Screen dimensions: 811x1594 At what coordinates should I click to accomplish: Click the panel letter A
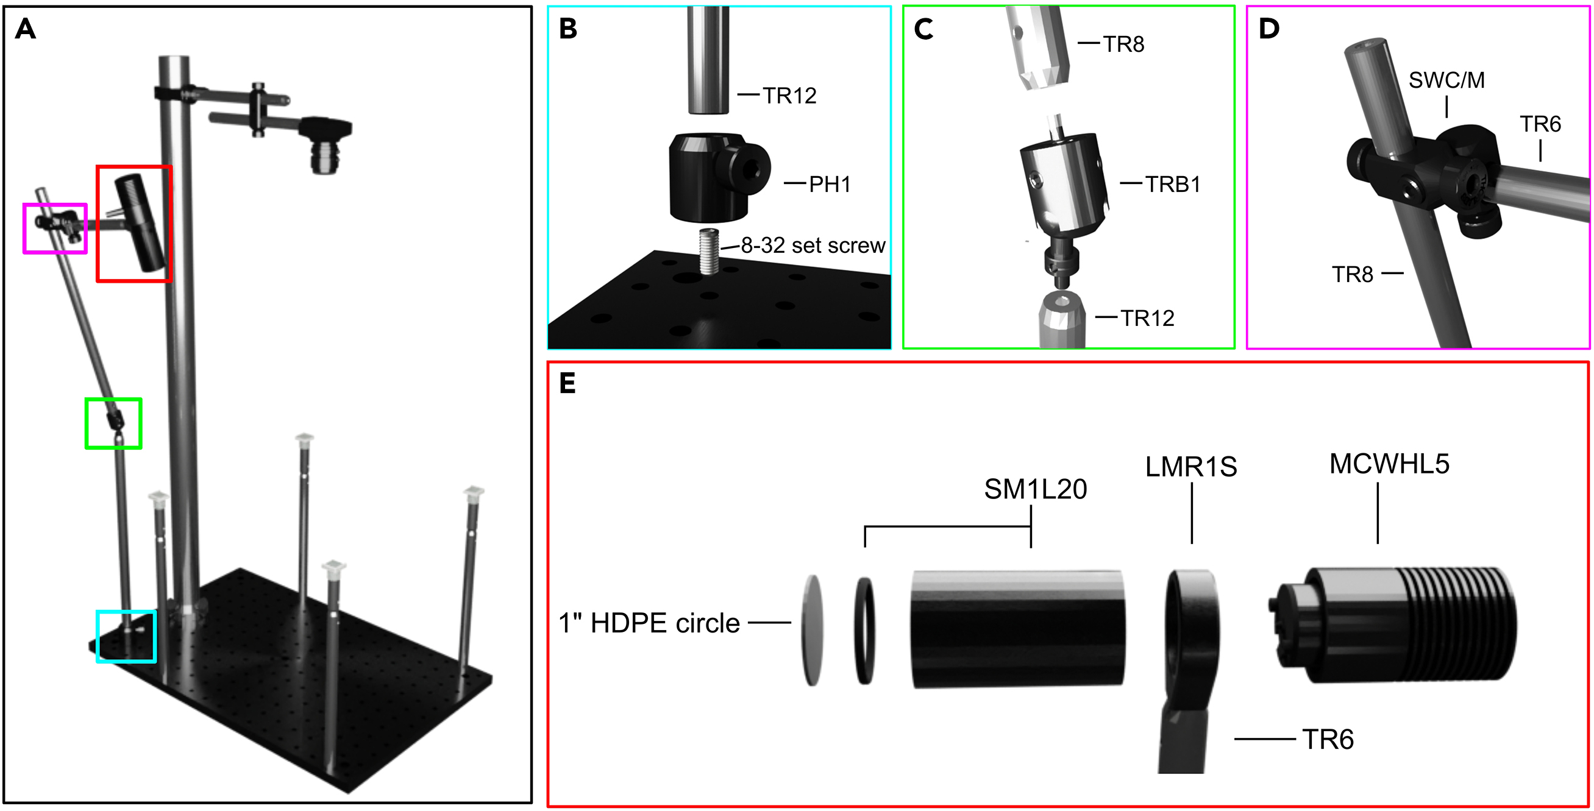click(26, 29)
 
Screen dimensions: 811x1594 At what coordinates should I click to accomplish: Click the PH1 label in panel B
click(829, 185)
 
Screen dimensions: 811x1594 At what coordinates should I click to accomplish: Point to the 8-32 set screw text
click(813, 246)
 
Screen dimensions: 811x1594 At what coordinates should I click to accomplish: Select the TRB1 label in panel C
click(1172, 185)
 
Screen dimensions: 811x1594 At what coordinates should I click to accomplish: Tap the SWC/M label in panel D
click(1446, 80)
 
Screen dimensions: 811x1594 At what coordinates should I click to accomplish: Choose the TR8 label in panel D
click(1352, 275)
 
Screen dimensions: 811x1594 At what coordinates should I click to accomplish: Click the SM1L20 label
click(1035, 489)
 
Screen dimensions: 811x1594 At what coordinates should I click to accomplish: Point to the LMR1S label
click(1190, 467)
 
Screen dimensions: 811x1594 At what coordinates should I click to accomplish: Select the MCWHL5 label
click(1389, 464)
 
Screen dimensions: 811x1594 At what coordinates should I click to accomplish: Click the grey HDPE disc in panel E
click(813, 630)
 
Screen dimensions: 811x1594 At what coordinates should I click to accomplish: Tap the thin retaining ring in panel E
click(865, 630)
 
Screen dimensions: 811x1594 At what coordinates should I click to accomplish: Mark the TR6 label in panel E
click(1327, 739)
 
